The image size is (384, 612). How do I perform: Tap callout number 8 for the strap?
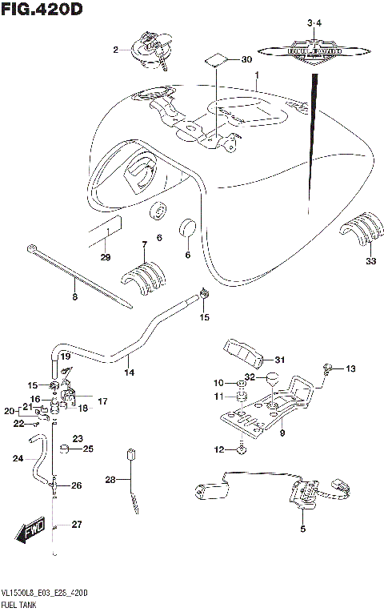(74, 298)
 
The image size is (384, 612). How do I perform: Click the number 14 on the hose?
(128, 372)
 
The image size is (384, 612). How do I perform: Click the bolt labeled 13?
(328, 368)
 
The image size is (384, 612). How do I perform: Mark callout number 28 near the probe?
(111, 480)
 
